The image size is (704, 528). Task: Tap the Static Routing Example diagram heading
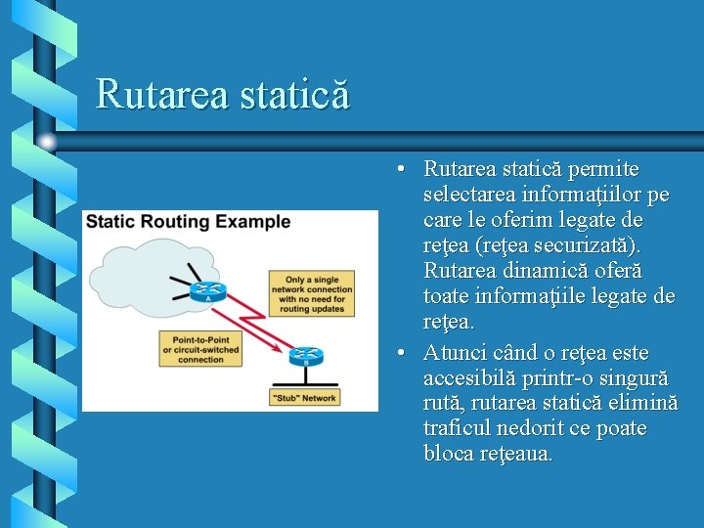[188, 222]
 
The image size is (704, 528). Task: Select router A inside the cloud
[208, 290]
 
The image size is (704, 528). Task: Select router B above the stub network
[305, 357]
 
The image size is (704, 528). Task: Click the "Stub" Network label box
[304, 398]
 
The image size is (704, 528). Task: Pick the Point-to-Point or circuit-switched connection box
[200, 348]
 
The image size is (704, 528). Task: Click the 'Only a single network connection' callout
[312, 294]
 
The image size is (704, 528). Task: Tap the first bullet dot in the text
[402, 170]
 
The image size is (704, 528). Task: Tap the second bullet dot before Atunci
[402, 353]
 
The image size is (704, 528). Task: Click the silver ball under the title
[47, 142]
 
